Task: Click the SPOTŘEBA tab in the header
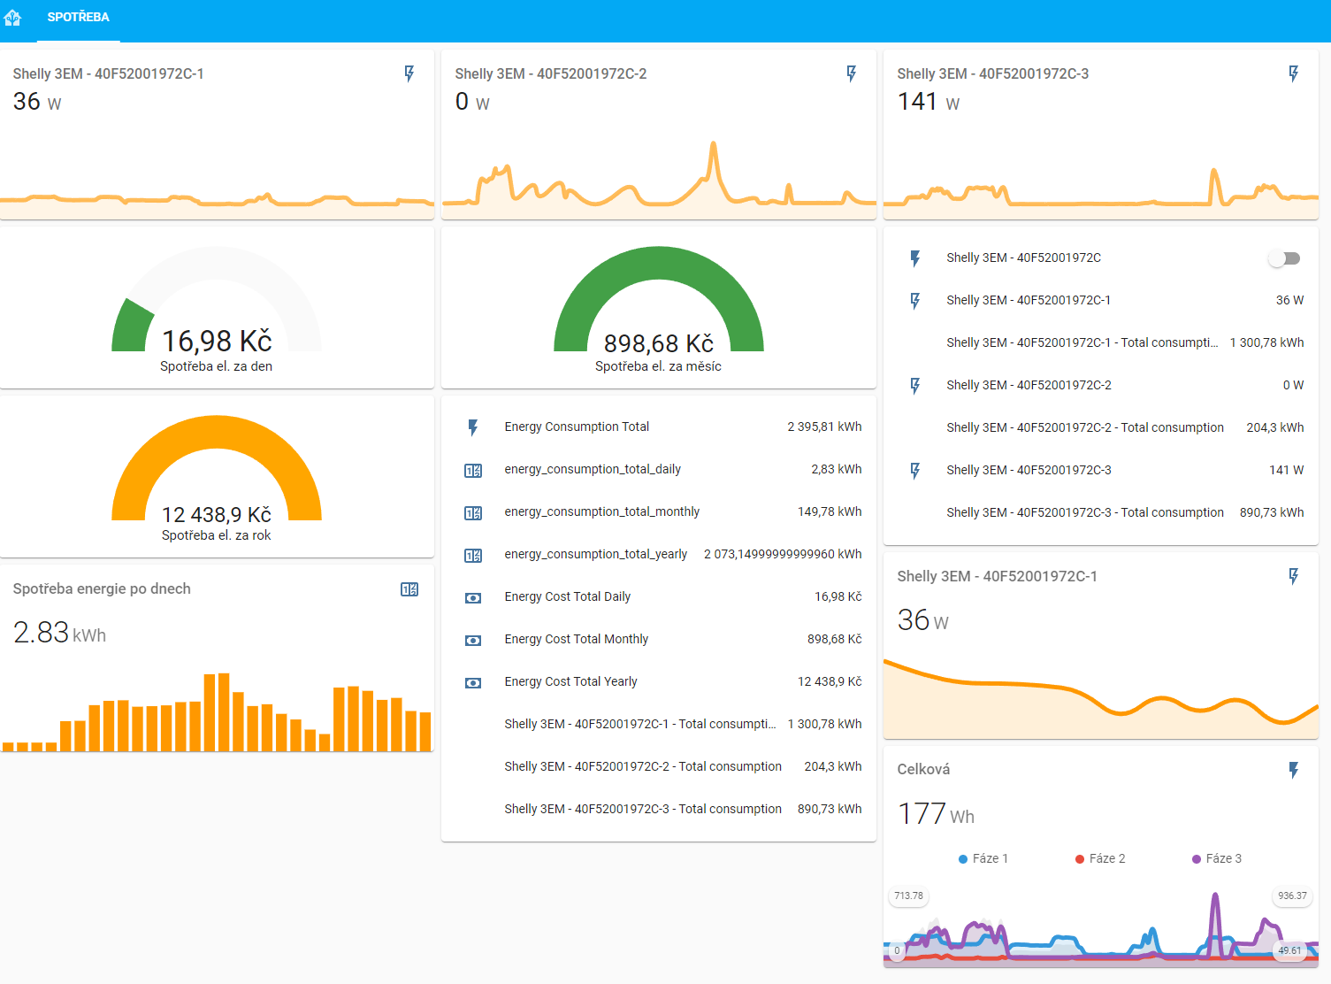[x=78, y=18]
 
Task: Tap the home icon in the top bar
[x=12, y=18]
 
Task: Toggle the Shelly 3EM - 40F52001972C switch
[x=1284, y=258]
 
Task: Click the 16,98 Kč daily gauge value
[x=217, y=341]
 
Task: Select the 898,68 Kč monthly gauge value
[x=658, y=343]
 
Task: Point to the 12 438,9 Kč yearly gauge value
[x=217, y=514]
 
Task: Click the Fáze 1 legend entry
[x=983, y=858]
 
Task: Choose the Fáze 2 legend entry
[x=1100, y=858]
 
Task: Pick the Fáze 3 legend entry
[x=1216, y=858]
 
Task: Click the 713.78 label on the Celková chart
[x=908, y=896]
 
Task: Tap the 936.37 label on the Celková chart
[x=1292, y=896]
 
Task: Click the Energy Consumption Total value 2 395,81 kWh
[x=824, y=427]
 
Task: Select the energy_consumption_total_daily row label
[x=593, y=470]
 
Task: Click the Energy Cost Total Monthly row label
[x=576, y=640]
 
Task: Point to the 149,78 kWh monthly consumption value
[x=830, y=511]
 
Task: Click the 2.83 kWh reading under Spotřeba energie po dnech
[x=59, y=633]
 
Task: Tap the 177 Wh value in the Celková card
[x=936, y=814]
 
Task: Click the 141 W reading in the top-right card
[x=929, y=102]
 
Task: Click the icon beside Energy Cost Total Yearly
[x=473, y=682]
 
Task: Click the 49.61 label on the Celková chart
[x=1289, y=950]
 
